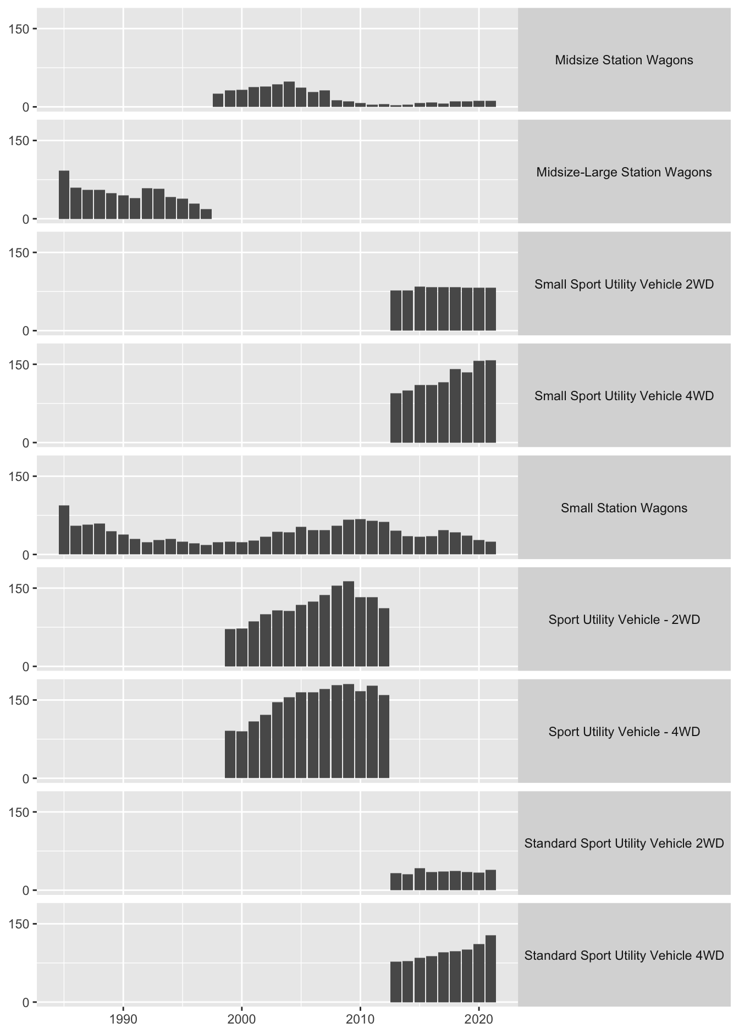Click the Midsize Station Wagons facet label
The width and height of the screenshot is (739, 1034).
pos(624,60)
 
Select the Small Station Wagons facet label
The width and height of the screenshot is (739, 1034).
pos(624,508)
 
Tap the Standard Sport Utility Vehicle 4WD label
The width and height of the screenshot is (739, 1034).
pos(624,955)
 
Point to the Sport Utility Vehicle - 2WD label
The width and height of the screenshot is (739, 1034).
pos(624,620)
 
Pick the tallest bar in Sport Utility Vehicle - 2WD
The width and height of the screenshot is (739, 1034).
pos(349,624)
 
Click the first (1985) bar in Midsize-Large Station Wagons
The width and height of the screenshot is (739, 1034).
pos(64,195)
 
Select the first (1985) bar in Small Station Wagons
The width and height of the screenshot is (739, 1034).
pos(64,530)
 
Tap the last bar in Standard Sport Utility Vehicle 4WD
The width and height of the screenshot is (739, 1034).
pos(490,969)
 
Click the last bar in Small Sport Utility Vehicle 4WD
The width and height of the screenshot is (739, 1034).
pos(490,401)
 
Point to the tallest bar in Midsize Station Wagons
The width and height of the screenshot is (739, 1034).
pos(289,94)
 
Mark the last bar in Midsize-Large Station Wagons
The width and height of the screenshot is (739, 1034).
pos(206,214)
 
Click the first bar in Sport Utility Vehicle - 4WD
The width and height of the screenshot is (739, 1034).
pos(230,754)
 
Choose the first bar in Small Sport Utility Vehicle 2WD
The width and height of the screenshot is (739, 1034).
pos(396,311)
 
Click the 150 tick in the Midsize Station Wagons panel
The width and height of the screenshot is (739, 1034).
pos(23,29)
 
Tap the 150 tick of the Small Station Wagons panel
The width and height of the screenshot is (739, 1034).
pos(23,476)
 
